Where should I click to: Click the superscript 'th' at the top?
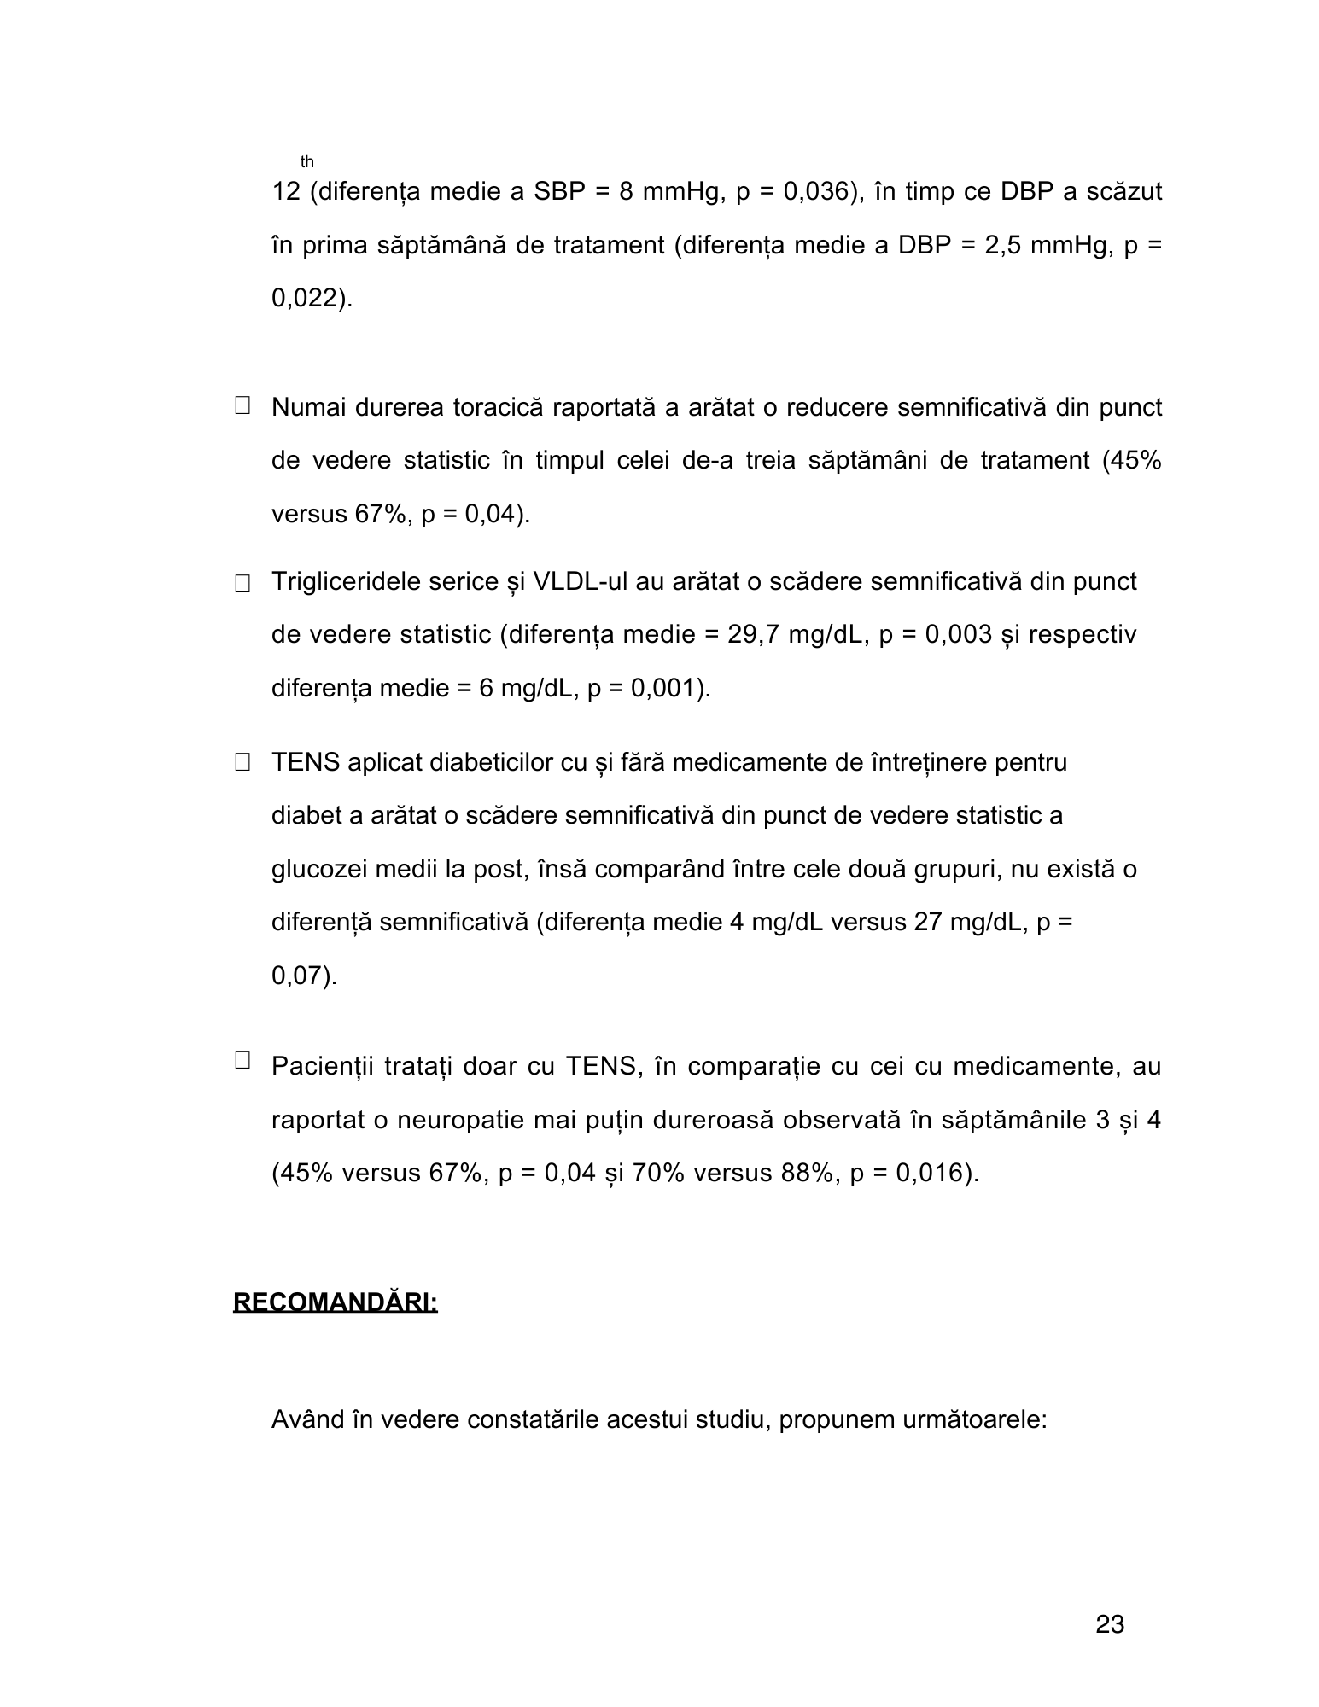[306, 162]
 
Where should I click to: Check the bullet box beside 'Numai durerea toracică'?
[242, 405]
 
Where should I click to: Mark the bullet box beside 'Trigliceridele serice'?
[242, 584]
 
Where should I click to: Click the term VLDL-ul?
[581, 582]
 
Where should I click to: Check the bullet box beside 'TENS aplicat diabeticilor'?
[242, 763]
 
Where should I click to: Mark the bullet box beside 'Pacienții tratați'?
[242, 1060]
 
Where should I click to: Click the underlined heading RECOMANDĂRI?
[335, 1303]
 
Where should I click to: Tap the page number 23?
[1109, 1625]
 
